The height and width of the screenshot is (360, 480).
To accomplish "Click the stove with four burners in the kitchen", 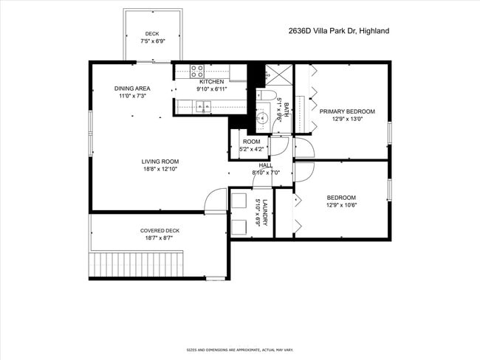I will (x=197, y=72).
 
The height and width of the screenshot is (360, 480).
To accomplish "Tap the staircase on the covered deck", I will (x=135, y=263).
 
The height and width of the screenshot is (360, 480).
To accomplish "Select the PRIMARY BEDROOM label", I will (x=347, y=111).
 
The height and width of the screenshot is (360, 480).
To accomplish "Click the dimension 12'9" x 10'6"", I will (x=341, y=206).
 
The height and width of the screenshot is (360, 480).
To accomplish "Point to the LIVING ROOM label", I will (x=160, y=161).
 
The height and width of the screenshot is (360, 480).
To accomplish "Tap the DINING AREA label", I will (x=132, y=89).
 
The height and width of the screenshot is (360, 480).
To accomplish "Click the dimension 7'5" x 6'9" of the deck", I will (x=152, y=41).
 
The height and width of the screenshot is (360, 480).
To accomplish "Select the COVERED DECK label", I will (x=160, y=230).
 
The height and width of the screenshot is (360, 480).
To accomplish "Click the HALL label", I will (x=265, y=165).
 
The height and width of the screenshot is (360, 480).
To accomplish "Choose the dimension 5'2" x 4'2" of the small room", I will (x=252, y=149).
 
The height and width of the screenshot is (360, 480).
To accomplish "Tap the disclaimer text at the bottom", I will (x=240, y=350).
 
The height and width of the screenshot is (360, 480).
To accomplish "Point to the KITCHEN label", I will (x=211, y=81).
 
